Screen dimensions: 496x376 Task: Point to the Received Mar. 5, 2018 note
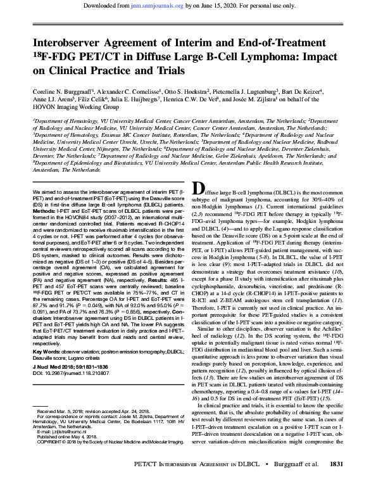[x=66, y=428]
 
